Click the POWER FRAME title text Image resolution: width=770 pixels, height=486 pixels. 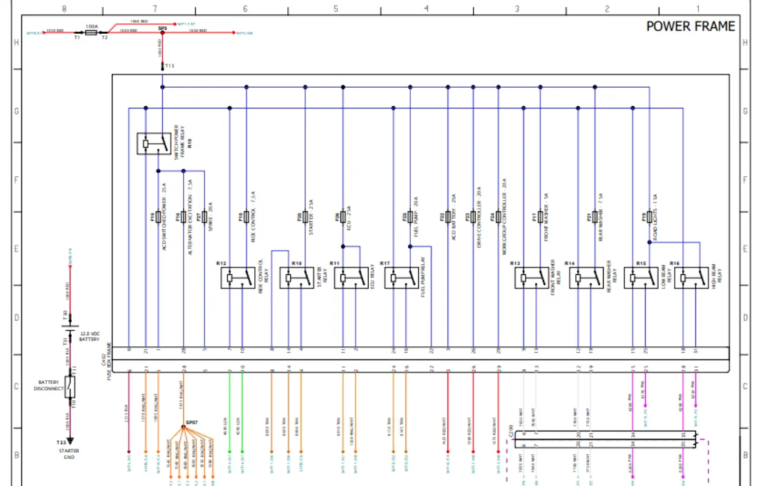tap(690, 26)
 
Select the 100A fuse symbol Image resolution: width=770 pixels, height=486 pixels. tap(90, 32)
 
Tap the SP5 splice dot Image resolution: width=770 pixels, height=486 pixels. tap(162, 32)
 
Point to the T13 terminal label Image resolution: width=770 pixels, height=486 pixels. tap(170, 66)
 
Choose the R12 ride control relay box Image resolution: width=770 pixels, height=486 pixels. tap(239, 278)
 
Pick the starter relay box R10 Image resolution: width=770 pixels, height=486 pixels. tap(297, 278)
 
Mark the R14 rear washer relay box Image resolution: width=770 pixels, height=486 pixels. tap(587, 278)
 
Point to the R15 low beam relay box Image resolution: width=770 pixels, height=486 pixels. tap(642, 278)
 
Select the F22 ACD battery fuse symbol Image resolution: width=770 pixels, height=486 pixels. tap(447, 217)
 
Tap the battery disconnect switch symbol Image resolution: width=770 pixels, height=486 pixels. tap(69, 387)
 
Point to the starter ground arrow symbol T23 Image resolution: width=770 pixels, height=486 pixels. tap(69, 440)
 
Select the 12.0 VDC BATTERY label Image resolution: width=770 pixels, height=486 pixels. tap(89, 337)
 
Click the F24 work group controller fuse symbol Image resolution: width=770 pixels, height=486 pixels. tap(498, 217)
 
